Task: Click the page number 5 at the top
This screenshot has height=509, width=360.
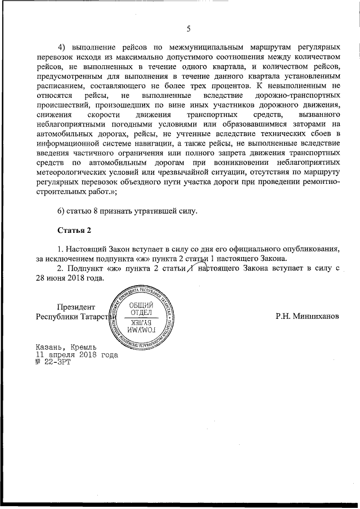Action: click(188, 29)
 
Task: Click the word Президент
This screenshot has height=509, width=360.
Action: click(75, 307)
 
